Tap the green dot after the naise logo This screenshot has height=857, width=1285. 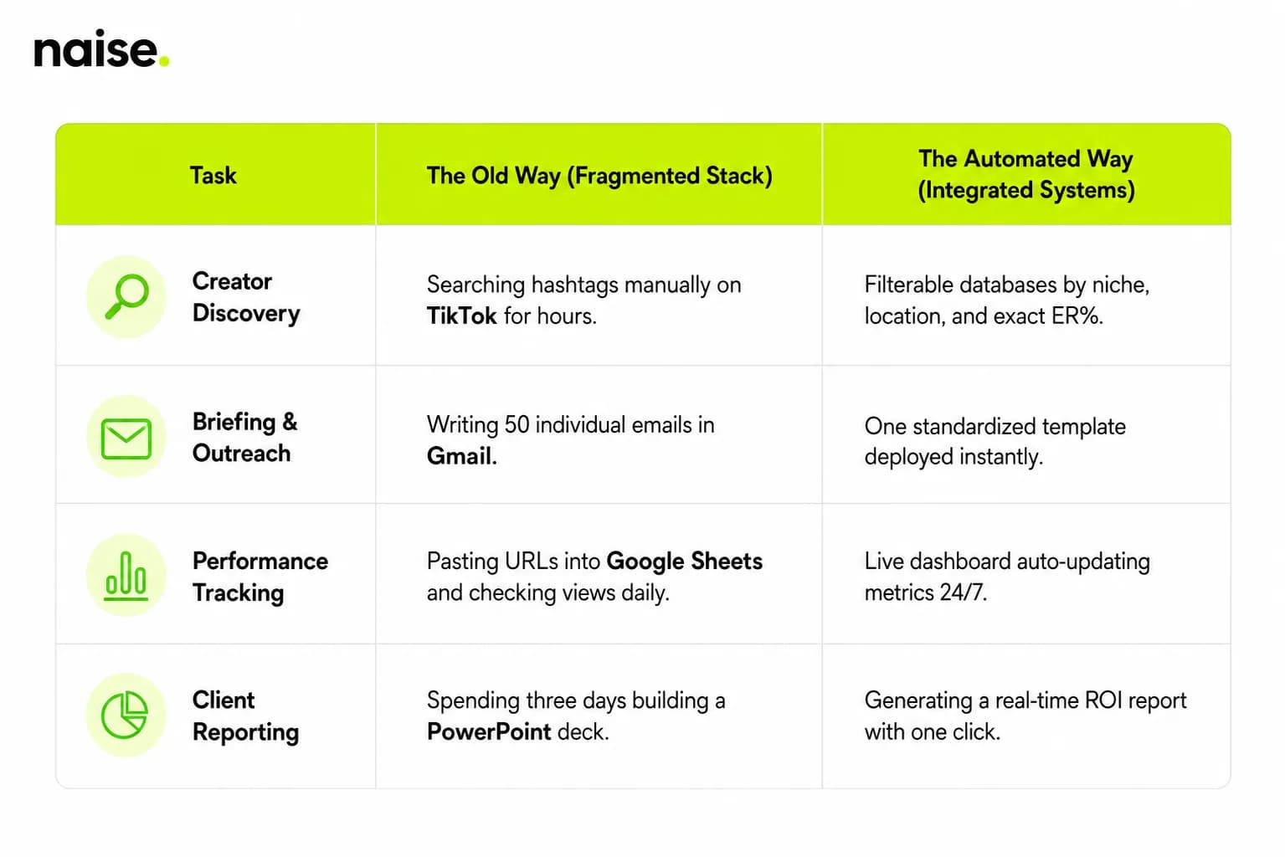(163, 60)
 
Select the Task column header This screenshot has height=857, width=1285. (213, 175)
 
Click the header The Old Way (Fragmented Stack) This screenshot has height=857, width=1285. (599, 176)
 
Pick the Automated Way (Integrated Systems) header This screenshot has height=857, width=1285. (1025, 174)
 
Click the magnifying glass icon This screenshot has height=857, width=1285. (126, 296)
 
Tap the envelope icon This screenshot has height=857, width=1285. (126, 439)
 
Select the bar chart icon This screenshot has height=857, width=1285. (126, 576)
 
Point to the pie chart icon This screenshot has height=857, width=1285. (125, 716)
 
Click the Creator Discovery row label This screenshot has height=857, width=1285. (246, 297)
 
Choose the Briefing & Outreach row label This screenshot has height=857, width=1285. (245, 437)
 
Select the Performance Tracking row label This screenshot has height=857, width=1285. (260, 577)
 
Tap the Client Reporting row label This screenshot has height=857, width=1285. (245, 716)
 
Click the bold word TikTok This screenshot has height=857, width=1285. (462, 316)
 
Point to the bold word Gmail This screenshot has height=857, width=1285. (462, 456)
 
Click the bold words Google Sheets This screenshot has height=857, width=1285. (685, 562)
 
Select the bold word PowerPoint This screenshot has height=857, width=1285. (489, 732)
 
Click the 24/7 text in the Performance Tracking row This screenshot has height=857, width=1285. (963, 593)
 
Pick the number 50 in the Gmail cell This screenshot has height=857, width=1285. (517, 425)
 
